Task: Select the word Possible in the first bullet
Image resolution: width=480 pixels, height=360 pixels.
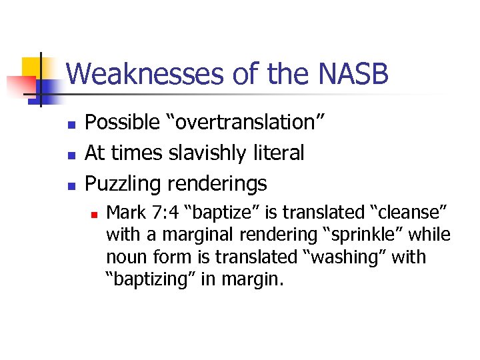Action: tap(117, 123)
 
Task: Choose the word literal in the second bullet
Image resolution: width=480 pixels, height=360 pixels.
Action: tap(279, 153)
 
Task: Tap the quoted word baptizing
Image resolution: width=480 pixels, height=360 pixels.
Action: tap(150, 279)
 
